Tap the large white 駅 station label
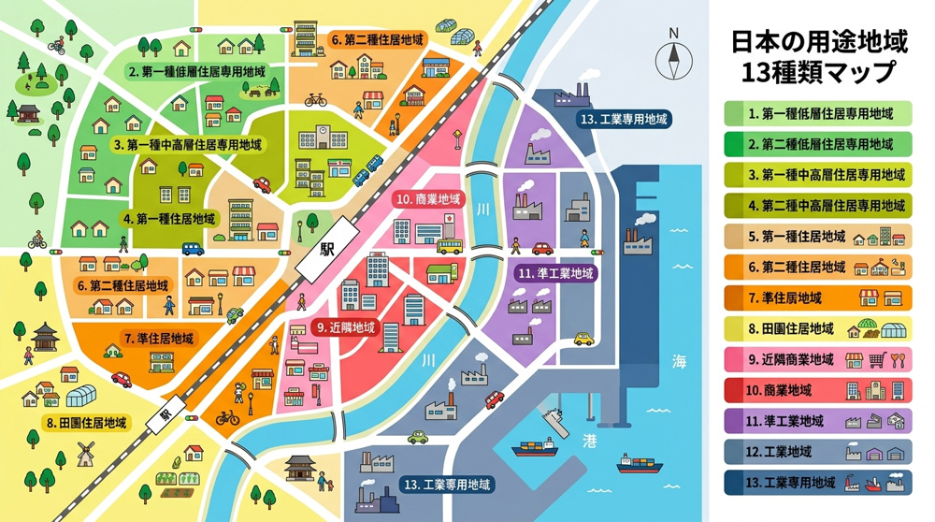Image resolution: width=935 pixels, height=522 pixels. tap(326, 250)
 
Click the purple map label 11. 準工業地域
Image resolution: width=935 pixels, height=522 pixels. tap(555, 274)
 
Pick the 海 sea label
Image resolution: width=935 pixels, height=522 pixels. tap(679, 362)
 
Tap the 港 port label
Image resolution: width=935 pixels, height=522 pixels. tap(589, 439)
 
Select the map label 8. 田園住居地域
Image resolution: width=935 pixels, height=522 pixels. tap(87, 423)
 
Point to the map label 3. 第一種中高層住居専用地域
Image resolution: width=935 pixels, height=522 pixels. tap(188, 145)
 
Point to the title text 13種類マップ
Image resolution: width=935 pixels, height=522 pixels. tap(817, 72)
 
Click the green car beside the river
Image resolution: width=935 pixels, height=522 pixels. tap(418, 437)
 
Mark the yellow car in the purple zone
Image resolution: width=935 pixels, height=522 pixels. tap(583, 339)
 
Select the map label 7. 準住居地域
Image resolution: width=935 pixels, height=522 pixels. tap(159, 338)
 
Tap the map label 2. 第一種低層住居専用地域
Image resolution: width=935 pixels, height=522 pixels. tap(196, 71)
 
